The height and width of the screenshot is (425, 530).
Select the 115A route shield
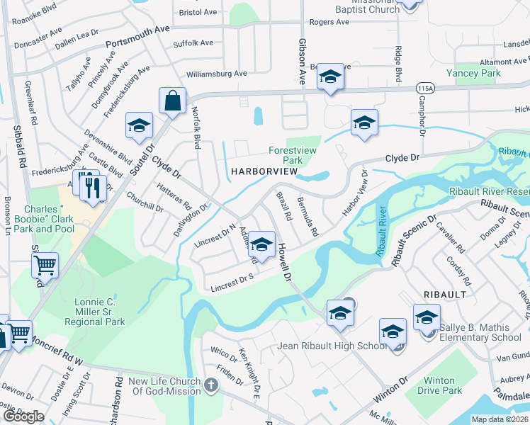[425, 88]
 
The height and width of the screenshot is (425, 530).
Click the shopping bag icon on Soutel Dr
[172, 101]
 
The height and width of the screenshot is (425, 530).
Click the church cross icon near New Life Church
[210, 387]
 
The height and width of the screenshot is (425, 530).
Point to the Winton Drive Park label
[439, 385]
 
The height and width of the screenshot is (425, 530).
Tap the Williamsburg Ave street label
[216, 73]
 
